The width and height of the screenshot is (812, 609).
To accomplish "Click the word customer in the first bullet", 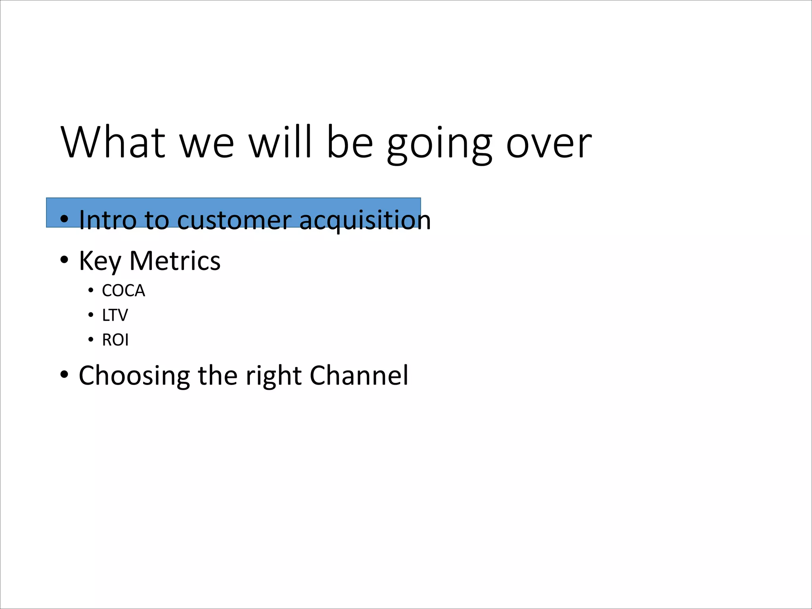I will pos(234,220).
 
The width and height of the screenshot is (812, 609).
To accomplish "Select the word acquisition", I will pos(365,220).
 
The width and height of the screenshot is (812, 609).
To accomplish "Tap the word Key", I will pos(100,261).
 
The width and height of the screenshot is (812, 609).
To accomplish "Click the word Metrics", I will pos(175,260).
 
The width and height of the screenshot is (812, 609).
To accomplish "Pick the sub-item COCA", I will pos(123,291).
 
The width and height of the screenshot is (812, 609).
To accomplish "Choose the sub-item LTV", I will pos(115,315).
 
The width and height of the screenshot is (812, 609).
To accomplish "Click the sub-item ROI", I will pos(115,340).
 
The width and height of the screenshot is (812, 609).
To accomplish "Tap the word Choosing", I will pos(134,375).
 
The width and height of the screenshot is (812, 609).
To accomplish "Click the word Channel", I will pos(359,375).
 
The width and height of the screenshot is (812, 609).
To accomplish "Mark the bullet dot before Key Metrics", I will pos(64,260).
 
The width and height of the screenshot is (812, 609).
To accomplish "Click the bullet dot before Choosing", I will pos(64,375).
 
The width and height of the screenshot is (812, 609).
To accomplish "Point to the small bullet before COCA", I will pos(91,291).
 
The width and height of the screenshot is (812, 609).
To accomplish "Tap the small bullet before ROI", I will pos(91,340).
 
